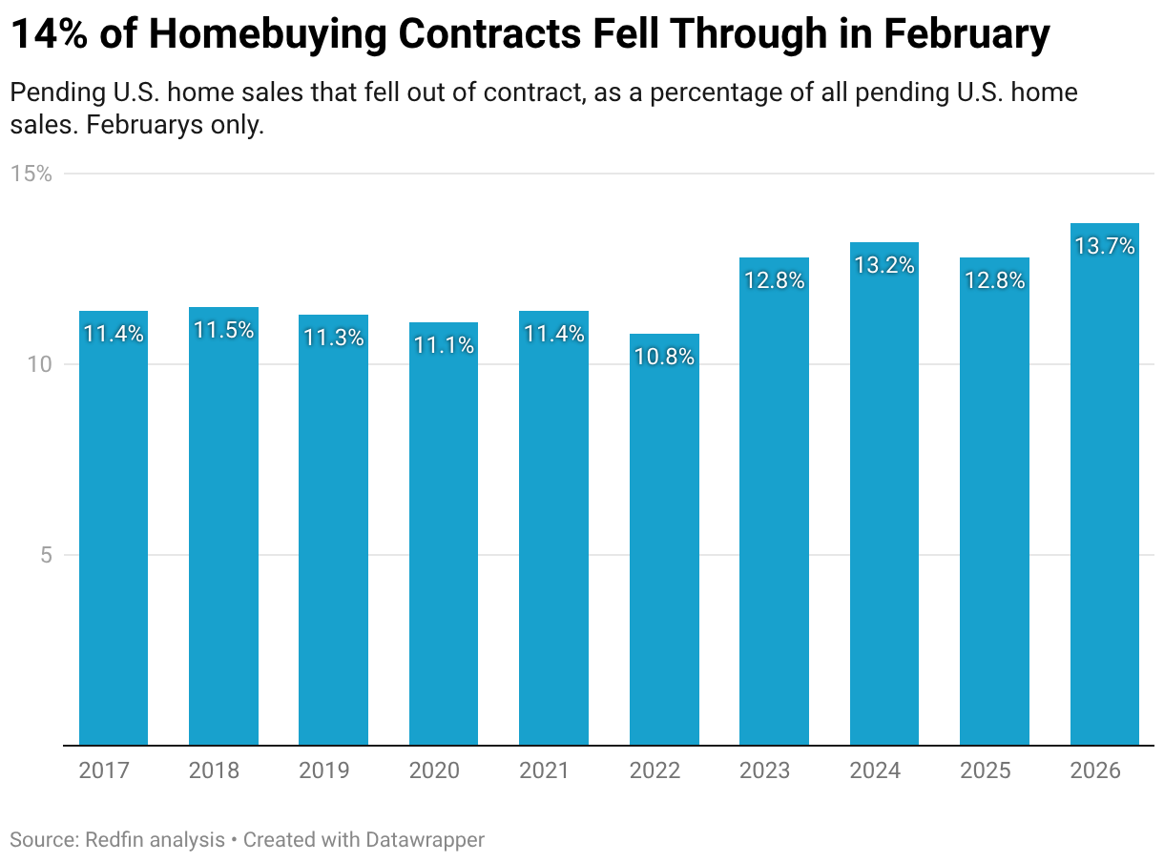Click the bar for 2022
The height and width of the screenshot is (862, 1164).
[664, 539]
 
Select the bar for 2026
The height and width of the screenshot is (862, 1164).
[1104, 483]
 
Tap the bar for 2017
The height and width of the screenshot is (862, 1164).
[113, 527]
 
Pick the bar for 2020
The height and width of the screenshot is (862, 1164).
[444, 533]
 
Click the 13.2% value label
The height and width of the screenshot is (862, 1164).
[884, 265]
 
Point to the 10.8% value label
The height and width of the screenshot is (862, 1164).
[664, 357]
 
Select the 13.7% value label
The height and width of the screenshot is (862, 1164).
[1104, 246]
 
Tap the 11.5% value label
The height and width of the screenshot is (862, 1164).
[223, 330]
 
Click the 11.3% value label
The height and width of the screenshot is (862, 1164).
[333, 338]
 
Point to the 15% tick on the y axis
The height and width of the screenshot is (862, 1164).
[31, 174]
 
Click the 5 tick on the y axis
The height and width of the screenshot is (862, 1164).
[45, 555]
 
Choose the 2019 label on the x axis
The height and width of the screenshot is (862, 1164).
[324, 770]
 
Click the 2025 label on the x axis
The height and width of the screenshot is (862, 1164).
[986, 770]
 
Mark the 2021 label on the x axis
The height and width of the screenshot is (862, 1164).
[545, 770]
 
